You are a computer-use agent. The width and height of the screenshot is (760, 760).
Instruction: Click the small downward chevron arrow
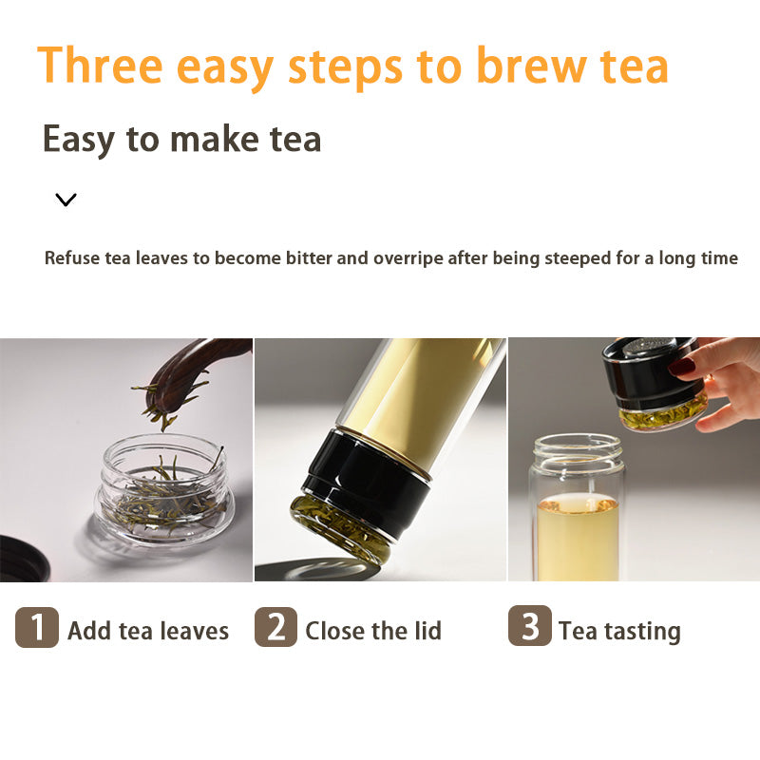[66, 199]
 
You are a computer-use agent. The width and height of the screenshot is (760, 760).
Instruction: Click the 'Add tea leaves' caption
[148, 631]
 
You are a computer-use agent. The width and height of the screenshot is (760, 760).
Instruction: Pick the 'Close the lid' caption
[373, 631]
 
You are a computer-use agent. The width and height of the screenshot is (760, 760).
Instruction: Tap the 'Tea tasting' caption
[619, 631]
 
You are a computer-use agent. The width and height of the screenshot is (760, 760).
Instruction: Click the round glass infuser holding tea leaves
[164, 489]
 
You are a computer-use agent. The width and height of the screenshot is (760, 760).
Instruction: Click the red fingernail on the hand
[681, 366]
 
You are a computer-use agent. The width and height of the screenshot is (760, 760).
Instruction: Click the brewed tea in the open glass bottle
[577, 537]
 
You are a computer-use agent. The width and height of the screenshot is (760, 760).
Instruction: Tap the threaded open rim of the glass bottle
[577, 445]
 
